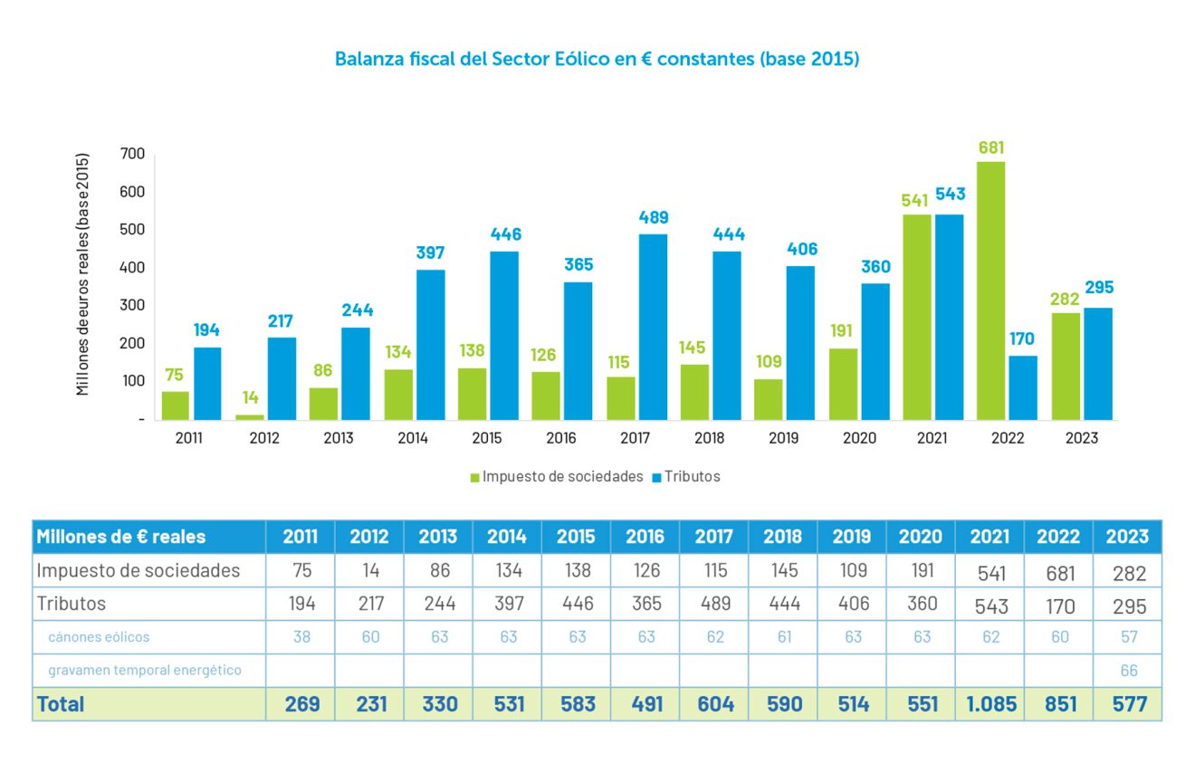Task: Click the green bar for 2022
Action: (x=990, y=291)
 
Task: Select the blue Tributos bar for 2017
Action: (x=653, y=327)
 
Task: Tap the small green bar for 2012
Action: (x=250, y=417)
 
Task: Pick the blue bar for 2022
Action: (x=1023, y=387)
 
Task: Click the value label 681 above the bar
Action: (x=991, y=148)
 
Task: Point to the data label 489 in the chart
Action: (x=653, y=217)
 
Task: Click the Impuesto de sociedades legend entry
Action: (x=557, y=476)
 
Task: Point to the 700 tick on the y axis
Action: (x=132, y=155)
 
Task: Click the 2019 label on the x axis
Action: (x=783, y=439)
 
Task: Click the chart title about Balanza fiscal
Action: (x=597, y=59)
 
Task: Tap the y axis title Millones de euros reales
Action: (x=83, y=273)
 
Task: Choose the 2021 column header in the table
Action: (x=989, y=537)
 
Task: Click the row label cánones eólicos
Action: (x=99, y=636)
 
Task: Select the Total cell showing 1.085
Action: (x=989, y=704)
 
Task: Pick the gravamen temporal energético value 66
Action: (x=1128, y=671)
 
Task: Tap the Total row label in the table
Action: (x=61, y=704)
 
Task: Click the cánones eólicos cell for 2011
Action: (x=301, y=636)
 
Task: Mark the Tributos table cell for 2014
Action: (x=508, y=604)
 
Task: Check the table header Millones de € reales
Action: (x=121, y=537)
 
